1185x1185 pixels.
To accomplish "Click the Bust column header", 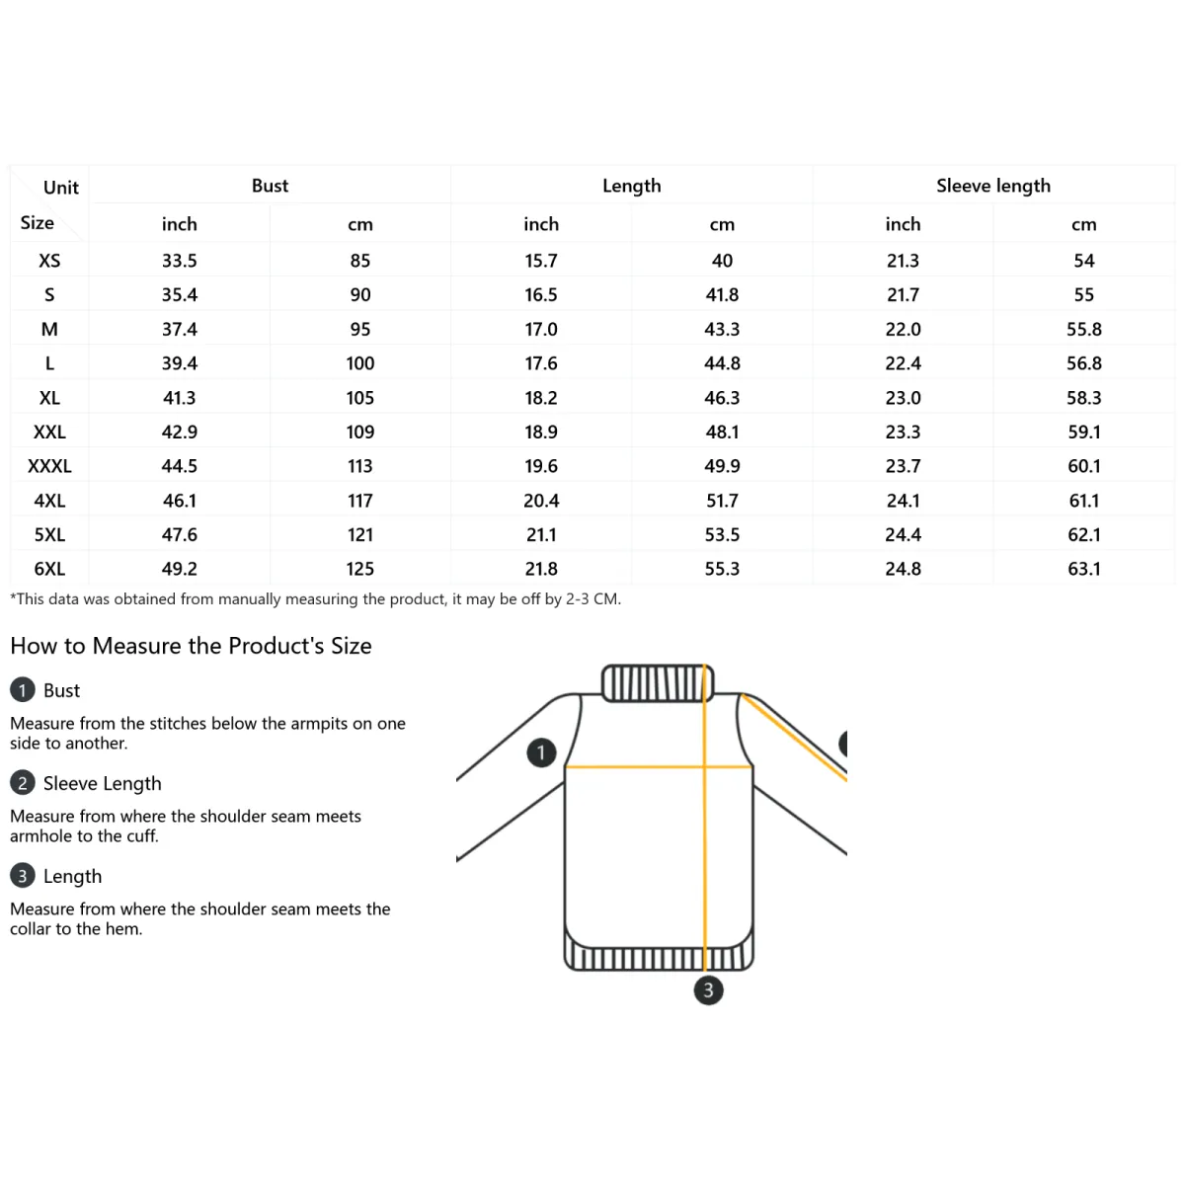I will [x=270, y=186].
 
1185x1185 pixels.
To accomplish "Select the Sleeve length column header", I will [x=992, y=186].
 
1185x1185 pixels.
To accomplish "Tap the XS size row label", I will [x=49, y=261].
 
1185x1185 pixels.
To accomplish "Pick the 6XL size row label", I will [x=49, y=569].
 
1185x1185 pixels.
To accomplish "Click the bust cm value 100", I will [x=359, y=363].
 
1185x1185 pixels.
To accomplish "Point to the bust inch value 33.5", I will [x=179, y=261].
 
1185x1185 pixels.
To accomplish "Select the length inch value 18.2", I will [x=540, y=398].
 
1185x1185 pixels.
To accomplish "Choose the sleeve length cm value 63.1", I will [x=1083, y=569].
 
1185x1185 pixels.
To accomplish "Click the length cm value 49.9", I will [x=722, y=466].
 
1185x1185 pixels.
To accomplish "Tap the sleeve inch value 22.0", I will [x=903, y=329].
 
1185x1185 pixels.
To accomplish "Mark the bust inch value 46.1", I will [x=179, y=501].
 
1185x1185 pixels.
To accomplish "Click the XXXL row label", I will [x=49, y=466].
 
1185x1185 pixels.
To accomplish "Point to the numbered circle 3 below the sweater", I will [x=708, y=990].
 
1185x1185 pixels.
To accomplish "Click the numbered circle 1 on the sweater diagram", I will [x=541, y=752].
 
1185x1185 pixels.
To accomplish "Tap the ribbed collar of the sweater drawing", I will [x=657, y=682].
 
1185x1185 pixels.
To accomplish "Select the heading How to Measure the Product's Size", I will [x=191, y=646].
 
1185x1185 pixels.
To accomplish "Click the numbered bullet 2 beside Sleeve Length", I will [x=22, y=783].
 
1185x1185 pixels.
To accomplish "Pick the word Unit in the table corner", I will [x=61, y=188].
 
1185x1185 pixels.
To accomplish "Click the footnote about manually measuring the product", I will [x=315, y=599].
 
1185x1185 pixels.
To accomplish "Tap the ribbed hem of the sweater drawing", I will [x=659, y=957].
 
